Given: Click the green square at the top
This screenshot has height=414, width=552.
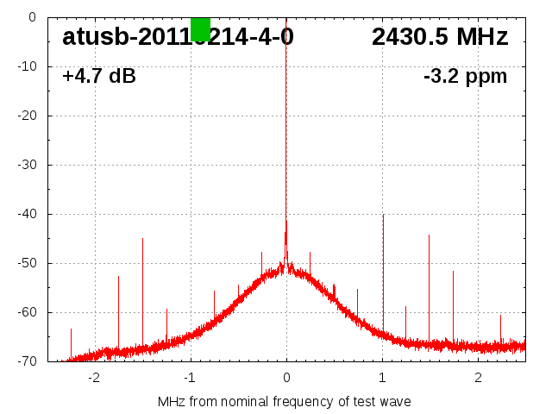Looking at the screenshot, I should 200,28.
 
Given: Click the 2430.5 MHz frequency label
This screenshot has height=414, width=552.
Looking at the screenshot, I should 440,37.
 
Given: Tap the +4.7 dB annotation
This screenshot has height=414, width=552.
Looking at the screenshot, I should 98,77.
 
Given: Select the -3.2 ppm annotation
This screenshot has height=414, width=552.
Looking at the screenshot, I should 465,77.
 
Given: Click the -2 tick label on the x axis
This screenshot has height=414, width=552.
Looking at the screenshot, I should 94,378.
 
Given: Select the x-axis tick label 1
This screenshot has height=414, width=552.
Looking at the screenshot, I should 382,378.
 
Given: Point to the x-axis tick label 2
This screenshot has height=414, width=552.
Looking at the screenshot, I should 478,378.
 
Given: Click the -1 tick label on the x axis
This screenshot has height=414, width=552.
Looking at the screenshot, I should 190,378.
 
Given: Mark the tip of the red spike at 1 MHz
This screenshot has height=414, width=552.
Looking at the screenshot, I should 383,215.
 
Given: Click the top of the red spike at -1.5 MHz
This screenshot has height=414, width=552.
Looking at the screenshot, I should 142,239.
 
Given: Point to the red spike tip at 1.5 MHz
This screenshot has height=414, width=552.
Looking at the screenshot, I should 429,235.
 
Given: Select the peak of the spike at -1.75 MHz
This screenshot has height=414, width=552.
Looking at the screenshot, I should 118,277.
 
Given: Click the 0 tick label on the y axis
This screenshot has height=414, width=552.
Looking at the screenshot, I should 31,17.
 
